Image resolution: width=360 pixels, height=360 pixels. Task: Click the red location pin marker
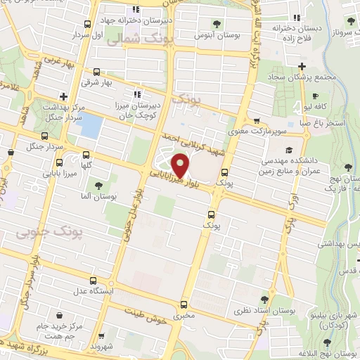tap(181, 165)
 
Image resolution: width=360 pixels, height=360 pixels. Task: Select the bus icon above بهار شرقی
tap(96, 71)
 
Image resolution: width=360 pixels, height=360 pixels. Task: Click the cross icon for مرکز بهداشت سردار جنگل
tap(63, 96)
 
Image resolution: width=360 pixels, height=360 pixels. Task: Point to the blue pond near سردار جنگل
tap(91, 124)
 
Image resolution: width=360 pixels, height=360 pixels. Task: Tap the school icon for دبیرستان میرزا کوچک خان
tap(136, 93)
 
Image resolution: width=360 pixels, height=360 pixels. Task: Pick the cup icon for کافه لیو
tap(316, 96)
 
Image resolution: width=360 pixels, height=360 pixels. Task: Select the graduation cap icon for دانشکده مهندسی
tap(288, 150)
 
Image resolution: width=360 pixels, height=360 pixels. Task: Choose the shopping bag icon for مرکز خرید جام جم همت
tap(60, 315)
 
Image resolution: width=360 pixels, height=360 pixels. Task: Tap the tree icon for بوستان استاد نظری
tap(264, 299)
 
